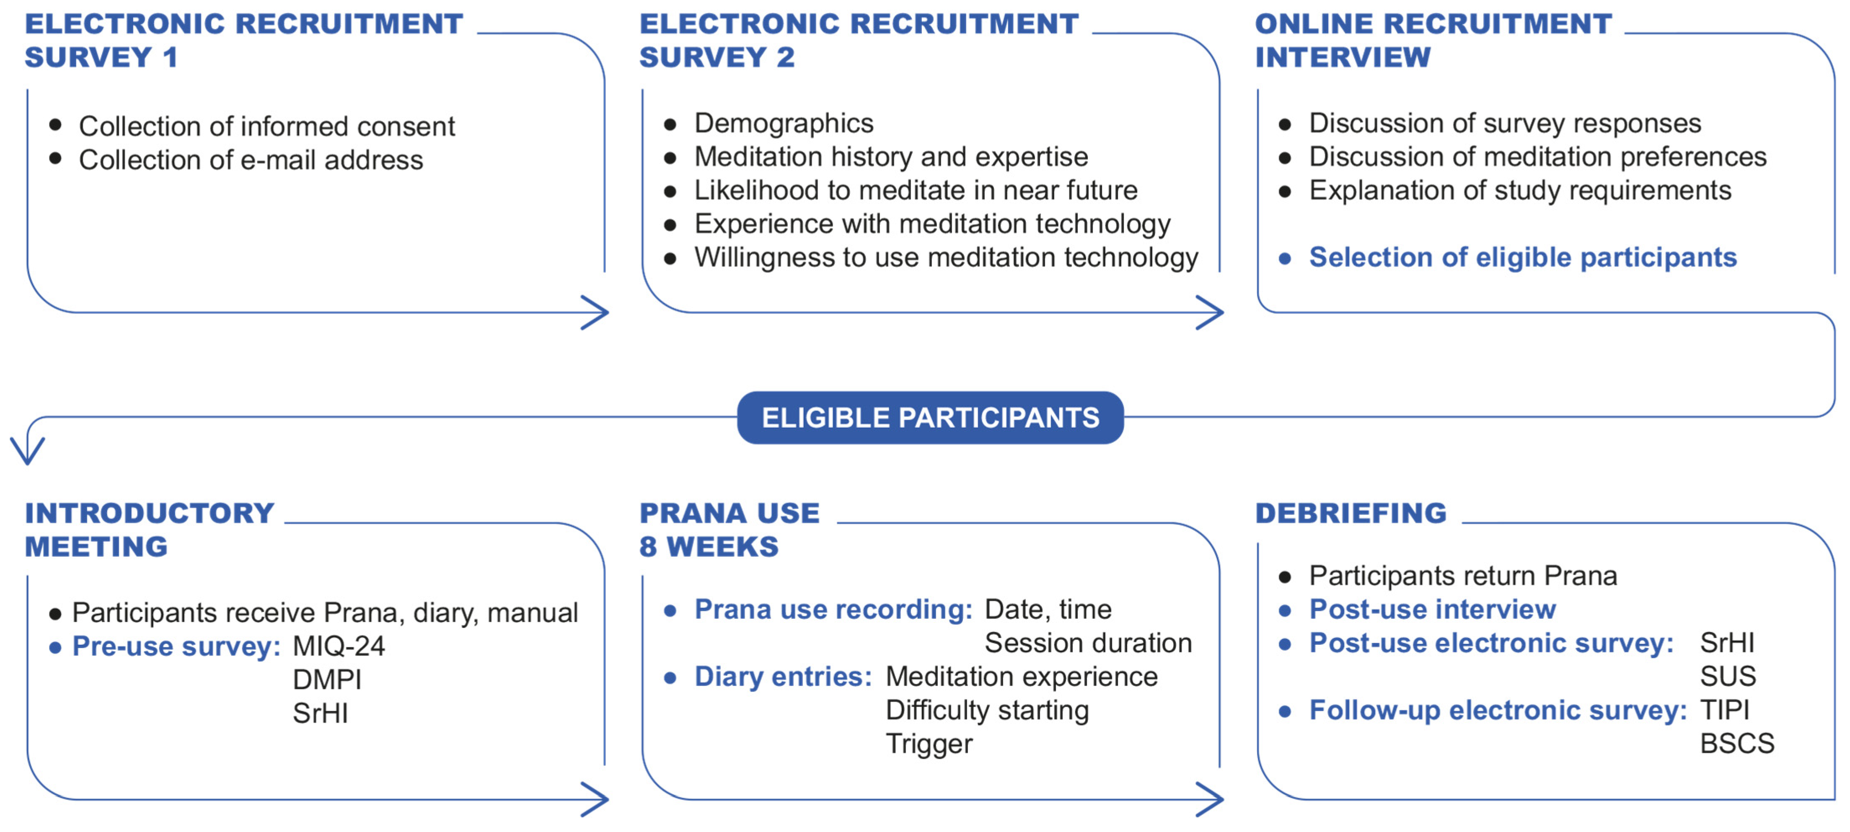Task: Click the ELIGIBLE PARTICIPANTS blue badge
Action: [930, 417]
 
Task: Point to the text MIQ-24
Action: [338, 646]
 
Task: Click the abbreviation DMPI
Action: [327, 679]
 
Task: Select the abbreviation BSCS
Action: [1736, 743]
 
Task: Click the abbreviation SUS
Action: [1727, 676]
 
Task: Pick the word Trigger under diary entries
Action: [929, 744]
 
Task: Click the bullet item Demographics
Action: [784, 124]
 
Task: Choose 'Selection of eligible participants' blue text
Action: [1522, 257]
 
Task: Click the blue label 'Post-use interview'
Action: [1432, 610]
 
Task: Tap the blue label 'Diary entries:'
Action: [783, 676]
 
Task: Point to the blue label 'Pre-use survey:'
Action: [176, 646]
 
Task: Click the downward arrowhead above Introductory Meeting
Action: [27, 451]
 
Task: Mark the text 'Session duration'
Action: [1087, 643]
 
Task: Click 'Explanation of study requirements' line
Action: [1520, 190]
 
